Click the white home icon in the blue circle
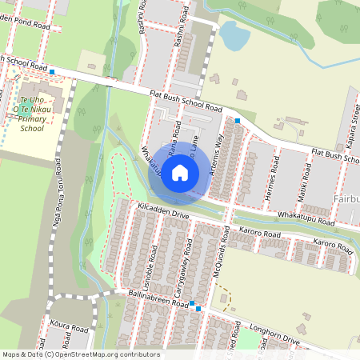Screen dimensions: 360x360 (x=180, y=172)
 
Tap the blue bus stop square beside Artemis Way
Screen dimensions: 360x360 (x=238, y=121)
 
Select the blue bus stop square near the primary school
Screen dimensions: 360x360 (x=52, y=72)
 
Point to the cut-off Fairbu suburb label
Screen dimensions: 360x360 (x=344, y=198)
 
